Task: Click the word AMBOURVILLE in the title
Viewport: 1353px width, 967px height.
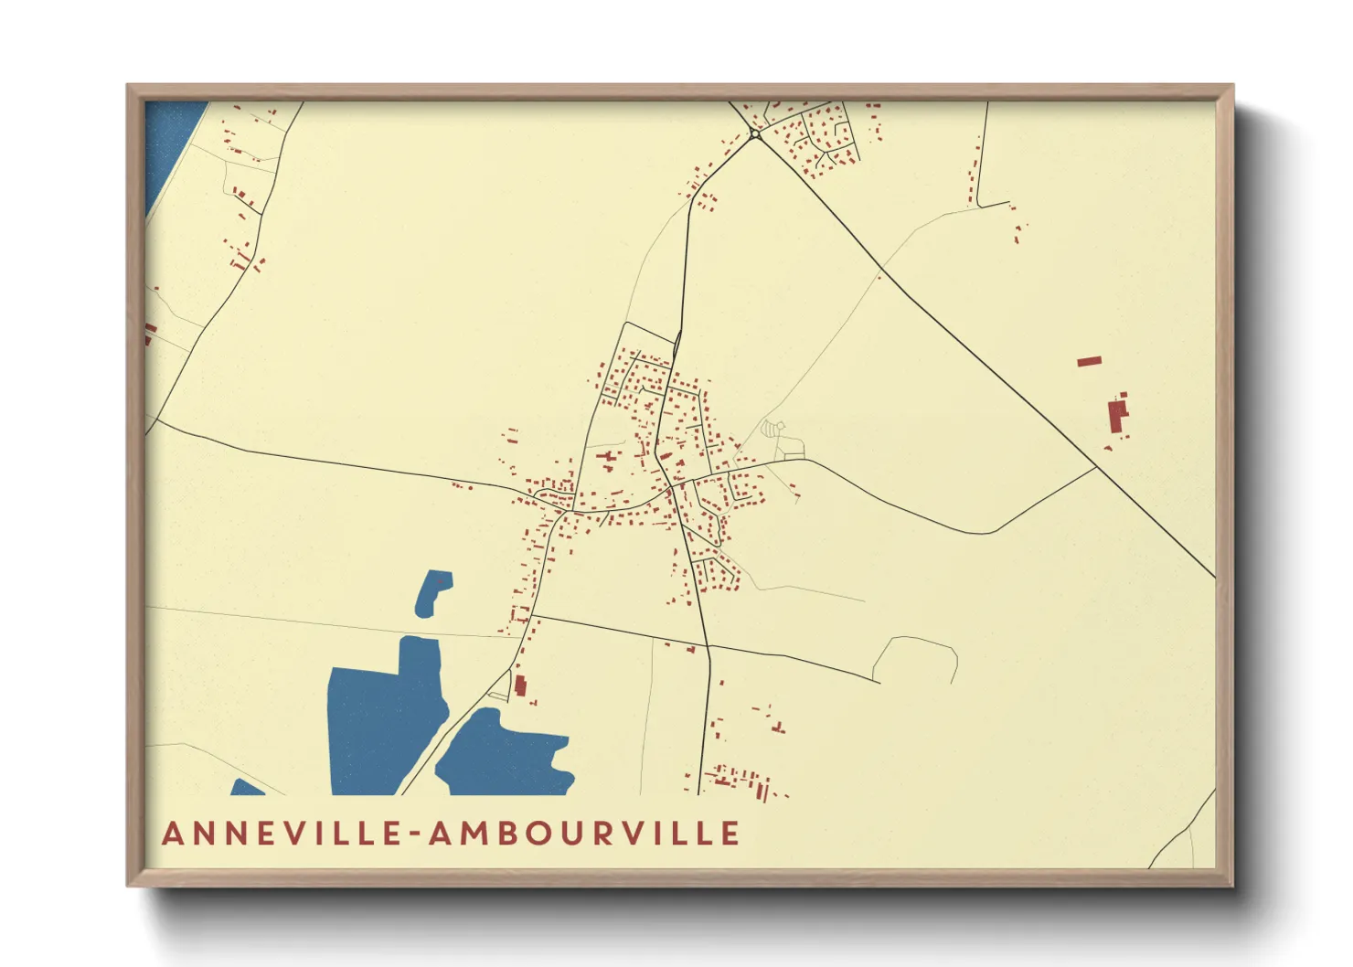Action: tap(584, 834)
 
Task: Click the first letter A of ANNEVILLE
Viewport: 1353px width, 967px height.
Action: tap(174, 834)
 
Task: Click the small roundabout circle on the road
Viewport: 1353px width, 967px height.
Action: tap(755, 134)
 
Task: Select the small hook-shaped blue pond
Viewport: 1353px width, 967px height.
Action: tap(431, 592)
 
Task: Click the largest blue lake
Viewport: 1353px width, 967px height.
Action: tap(384, 722)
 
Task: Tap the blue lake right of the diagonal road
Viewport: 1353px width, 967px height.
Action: tap(503, 754)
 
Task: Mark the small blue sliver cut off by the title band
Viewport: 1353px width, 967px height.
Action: tap(245, 788)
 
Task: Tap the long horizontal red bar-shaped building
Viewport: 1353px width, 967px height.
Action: tap(1089, 361)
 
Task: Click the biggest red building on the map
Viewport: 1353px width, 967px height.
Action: tap(1116, 417)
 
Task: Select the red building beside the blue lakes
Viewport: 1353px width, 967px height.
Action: tap(520, 685)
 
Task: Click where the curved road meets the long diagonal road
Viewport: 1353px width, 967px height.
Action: tap(1096, 468)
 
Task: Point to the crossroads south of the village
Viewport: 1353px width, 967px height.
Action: tap(708, 645)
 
